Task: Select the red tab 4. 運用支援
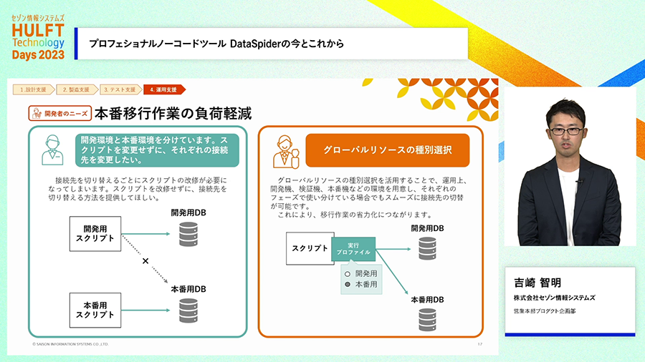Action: [163, 89]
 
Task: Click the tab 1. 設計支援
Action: [33, 89]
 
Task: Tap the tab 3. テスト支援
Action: [119, 89]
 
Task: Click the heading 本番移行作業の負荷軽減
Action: [173, 113]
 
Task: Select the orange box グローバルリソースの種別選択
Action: [388, 150]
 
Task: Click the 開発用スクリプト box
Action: [98, 233]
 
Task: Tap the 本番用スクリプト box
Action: [98, 310]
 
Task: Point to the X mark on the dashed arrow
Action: [145, 261]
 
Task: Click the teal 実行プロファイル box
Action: [353, 248]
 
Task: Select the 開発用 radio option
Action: [347, 273]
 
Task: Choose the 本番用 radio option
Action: [347, 284]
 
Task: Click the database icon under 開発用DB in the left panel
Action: [188, 233]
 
